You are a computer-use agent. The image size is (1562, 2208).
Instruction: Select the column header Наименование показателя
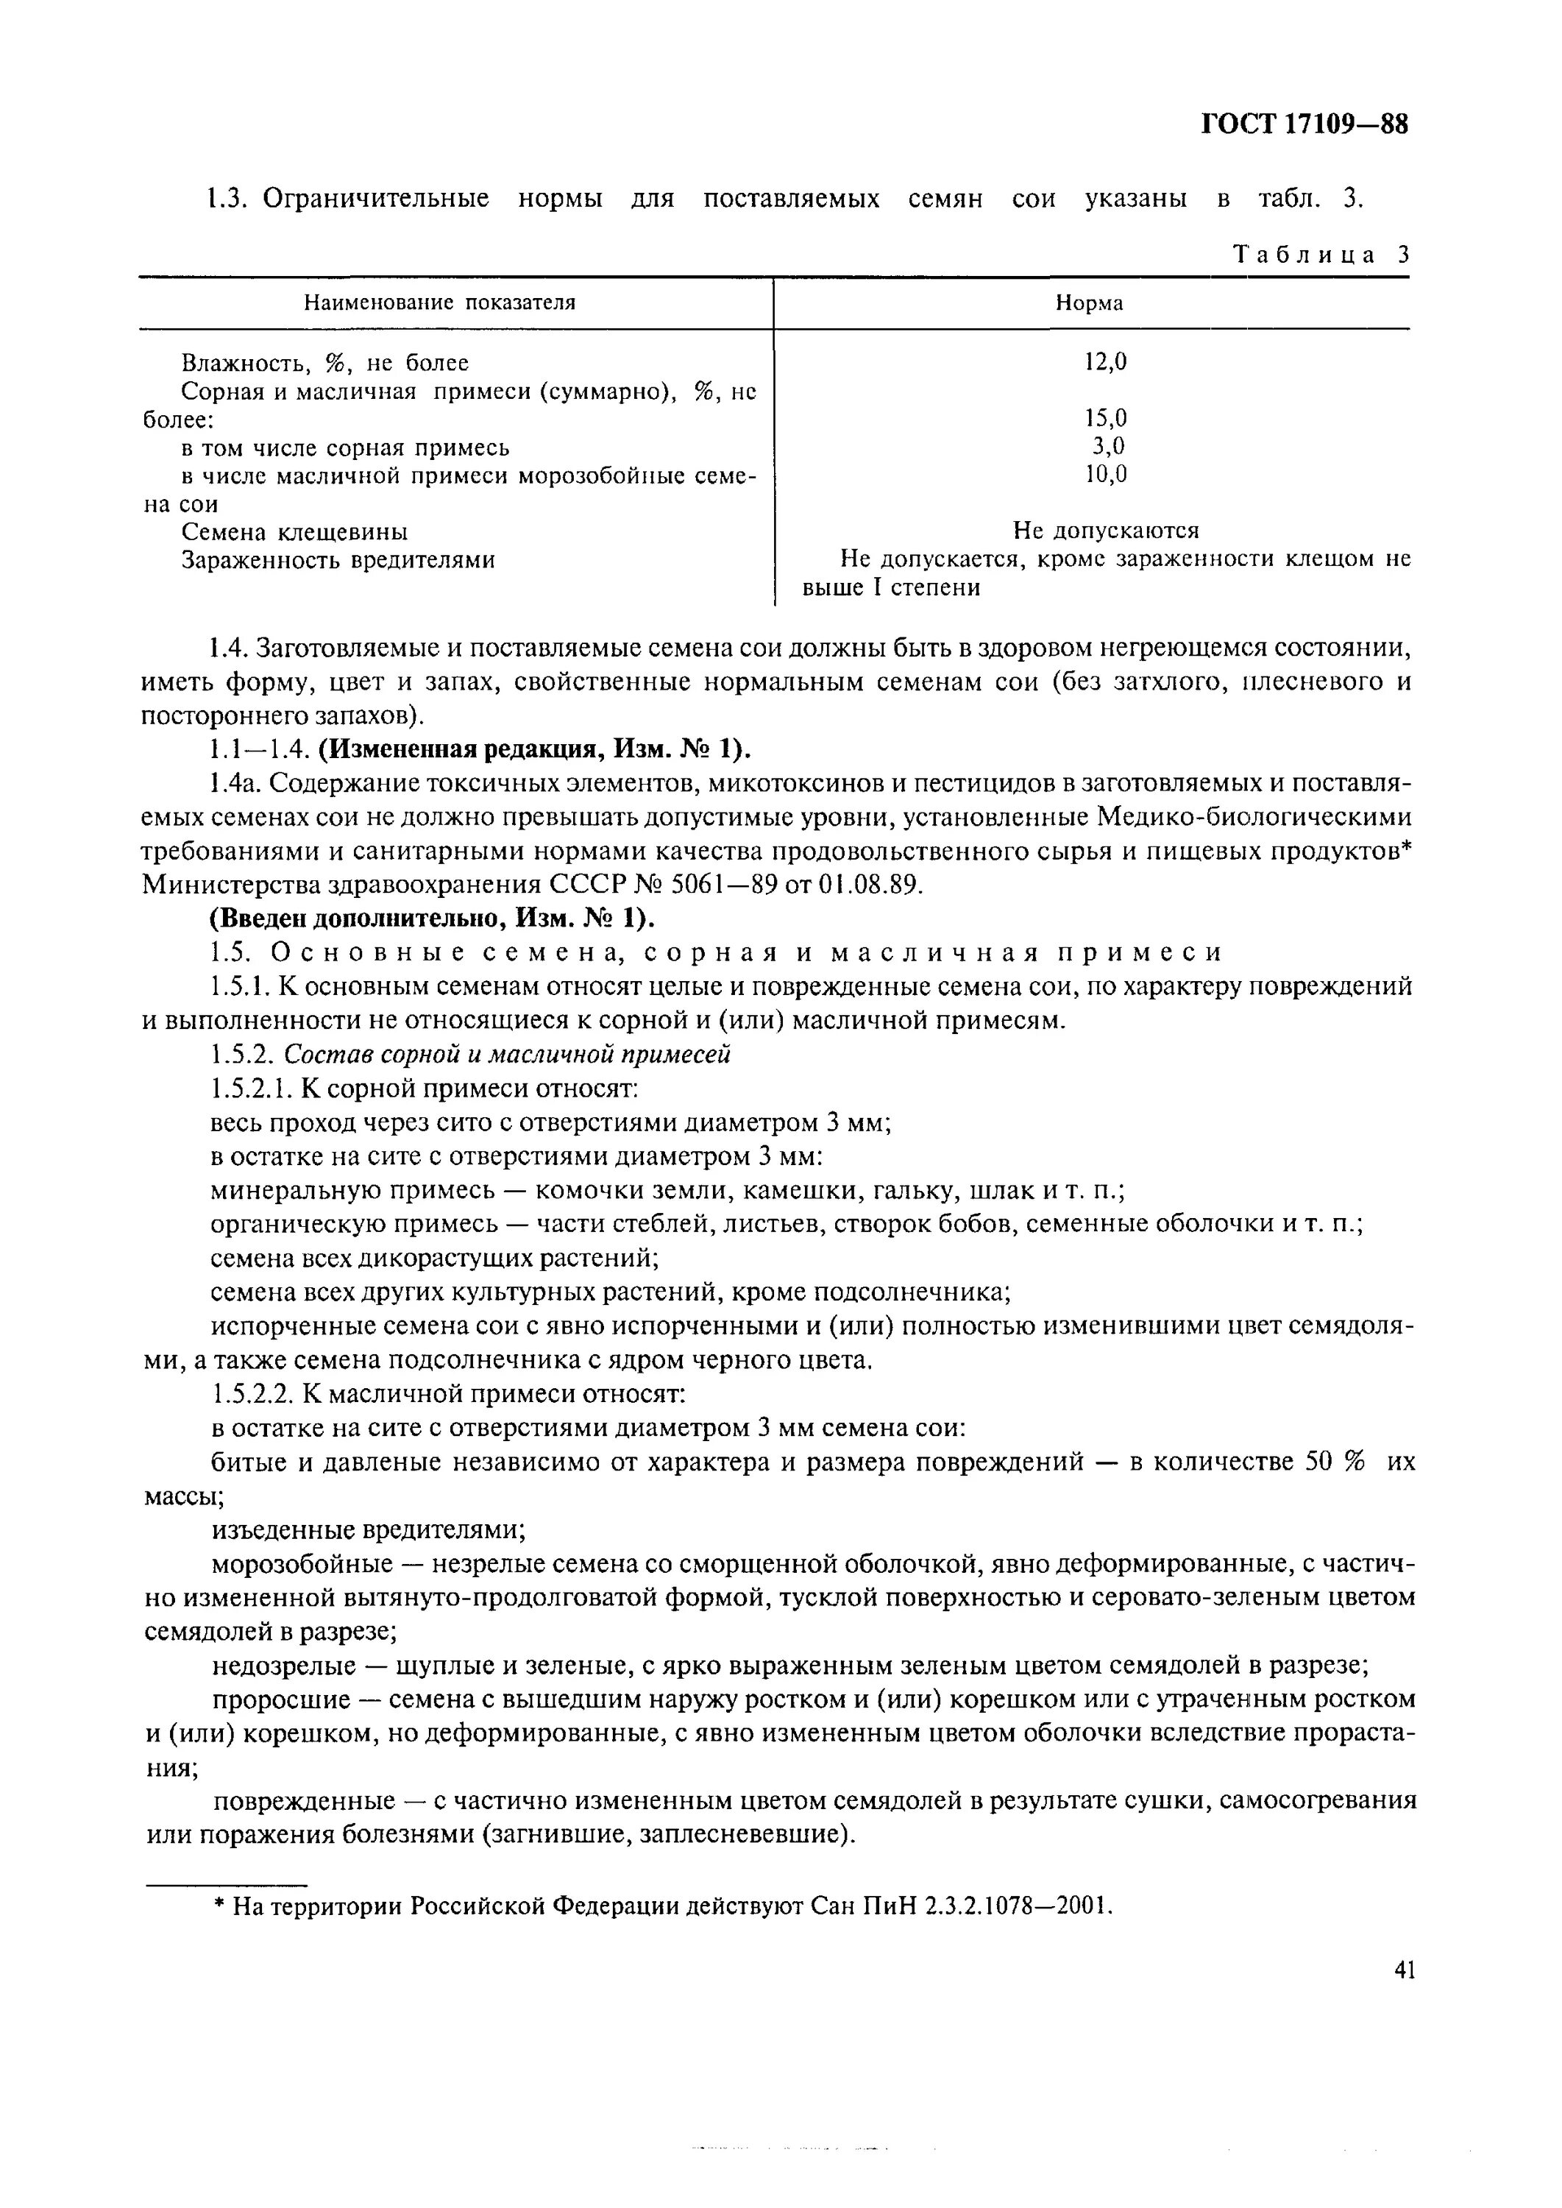[439, 303]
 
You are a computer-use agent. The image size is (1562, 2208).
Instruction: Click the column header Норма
[1089, 303]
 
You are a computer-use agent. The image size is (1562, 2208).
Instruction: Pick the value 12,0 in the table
[1105, 362]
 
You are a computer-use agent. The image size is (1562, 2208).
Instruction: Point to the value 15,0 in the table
[1105, 417]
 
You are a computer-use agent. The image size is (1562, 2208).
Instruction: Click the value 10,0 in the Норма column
[1105, 473]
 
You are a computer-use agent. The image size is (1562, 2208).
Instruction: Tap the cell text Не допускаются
[1105, 530]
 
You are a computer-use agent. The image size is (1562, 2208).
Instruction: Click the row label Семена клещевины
[294, 531]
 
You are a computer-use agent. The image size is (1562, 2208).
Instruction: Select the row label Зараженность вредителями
[338, 559]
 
